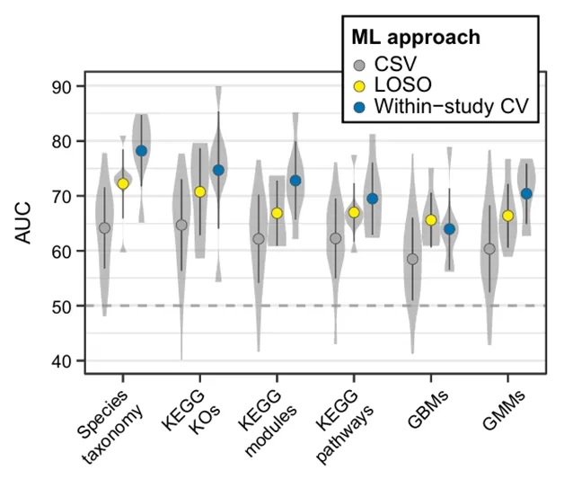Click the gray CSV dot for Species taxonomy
104,227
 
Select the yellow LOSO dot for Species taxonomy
123,183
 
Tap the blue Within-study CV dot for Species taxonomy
141,150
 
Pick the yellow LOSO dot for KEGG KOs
200,191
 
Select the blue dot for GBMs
449,229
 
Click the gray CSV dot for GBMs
412,259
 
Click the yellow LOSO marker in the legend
359,85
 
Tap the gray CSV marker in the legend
359,65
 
